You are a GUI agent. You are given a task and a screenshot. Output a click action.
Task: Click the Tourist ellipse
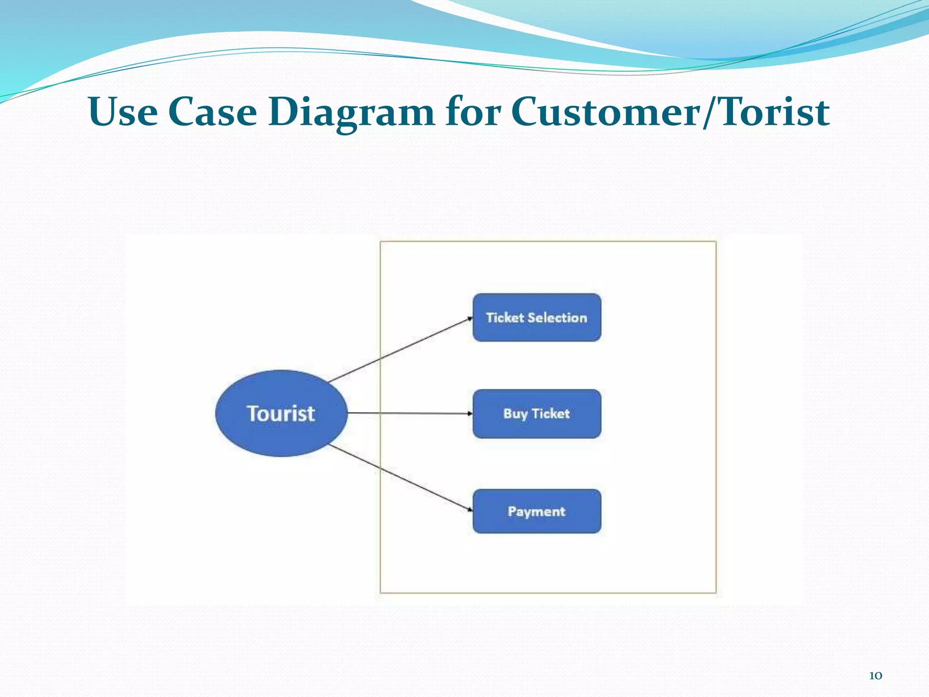(281, 413)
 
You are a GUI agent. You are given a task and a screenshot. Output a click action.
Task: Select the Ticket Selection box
(537, 317)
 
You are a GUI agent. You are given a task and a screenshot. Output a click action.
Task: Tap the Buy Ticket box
(537, 413)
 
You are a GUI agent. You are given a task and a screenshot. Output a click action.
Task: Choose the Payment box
(537, 511)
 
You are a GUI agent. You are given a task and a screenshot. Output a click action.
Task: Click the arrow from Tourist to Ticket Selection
(399, 350)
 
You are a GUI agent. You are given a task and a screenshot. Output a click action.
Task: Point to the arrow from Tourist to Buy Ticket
(408, 413)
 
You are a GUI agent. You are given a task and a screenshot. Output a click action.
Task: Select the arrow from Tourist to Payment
(399, 477)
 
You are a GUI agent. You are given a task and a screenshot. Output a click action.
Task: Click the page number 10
(875, 676)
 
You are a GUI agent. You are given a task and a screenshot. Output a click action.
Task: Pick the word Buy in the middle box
(515, 414)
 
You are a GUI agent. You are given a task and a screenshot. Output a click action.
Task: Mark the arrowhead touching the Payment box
(470, 510)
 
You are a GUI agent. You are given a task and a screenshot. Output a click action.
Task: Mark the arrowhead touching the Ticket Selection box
(470, 319)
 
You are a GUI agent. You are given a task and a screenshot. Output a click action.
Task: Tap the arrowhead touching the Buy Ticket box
(470, 413)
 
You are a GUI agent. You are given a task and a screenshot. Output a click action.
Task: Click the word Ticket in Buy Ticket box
(551, 413)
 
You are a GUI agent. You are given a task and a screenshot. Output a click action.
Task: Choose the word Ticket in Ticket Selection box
(505, 318)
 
